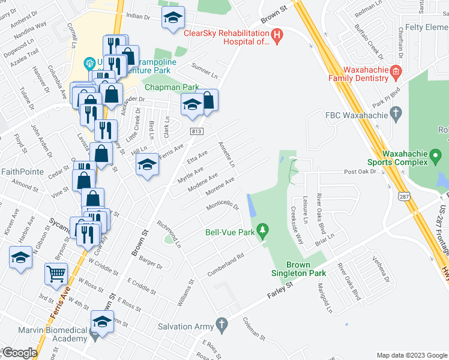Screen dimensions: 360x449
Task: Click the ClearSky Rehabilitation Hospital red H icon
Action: click(x=276, y=36)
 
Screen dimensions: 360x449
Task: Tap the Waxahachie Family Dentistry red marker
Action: click(x=395, y=73)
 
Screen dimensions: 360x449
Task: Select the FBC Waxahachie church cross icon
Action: click(x=395, y=112)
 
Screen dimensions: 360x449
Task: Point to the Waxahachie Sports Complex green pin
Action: click(x=437, y=158)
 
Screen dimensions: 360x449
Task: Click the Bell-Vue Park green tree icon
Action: click(x=262, y=230)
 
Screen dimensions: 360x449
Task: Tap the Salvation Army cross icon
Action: click(x=222, y=326)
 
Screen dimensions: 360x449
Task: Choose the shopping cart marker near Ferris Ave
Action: click(x=56, y=274)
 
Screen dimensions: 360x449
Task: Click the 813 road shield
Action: click(x=196, y=131)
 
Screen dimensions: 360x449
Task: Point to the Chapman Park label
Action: click(x=171, y=87)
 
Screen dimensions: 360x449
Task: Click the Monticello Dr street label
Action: click(x=223, y=205)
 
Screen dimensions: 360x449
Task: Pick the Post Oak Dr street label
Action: click(x=359, y=172)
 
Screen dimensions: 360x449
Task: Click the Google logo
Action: click(x=20, y=353)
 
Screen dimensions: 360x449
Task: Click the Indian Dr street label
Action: click(x=138, y=18)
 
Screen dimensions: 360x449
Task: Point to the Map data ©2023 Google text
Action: click(x=411, y=355)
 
